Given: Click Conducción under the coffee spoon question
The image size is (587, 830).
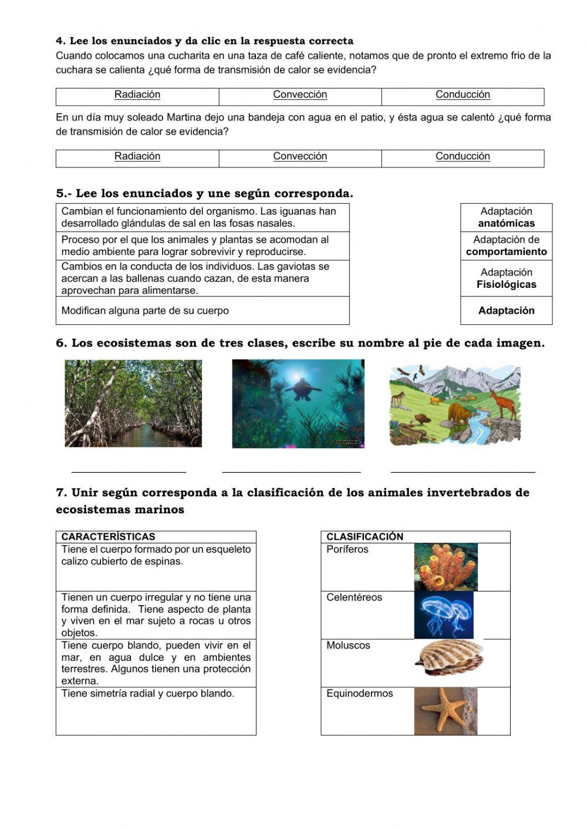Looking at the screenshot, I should click(463, 95).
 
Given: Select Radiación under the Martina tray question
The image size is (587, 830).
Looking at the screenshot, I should click(137, 157).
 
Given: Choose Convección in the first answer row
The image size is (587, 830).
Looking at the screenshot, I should click(300, 95).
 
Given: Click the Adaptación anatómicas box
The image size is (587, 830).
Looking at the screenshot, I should click(506, 217).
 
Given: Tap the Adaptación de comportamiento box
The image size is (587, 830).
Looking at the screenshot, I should click(506, 246).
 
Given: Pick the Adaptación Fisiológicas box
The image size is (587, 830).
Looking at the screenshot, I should click(506, 278).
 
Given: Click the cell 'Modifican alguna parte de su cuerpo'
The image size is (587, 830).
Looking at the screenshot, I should click(203, 311).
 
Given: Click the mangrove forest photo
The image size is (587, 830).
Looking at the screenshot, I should click(133, 404).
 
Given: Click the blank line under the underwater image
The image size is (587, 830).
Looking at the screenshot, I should click(291, 470).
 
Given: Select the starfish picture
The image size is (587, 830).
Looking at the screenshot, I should click(445, 711).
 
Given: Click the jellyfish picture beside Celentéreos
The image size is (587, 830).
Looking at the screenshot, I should click(443, 615).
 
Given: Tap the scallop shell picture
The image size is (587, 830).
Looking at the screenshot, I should click(449, 658).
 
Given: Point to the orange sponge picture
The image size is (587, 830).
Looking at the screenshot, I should click(446, 567).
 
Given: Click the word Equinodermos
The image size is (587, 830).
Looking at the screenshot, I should click(359, 694).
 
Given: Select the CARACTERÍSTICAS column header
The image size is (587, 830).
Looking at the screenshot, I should click(109, 537).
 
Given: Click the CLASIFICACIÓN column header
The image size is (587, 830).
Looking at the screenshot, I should click(365, 537).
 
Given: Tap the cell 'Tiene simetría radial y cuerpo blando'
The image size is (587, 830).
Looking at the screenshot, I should click(156, 711).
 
